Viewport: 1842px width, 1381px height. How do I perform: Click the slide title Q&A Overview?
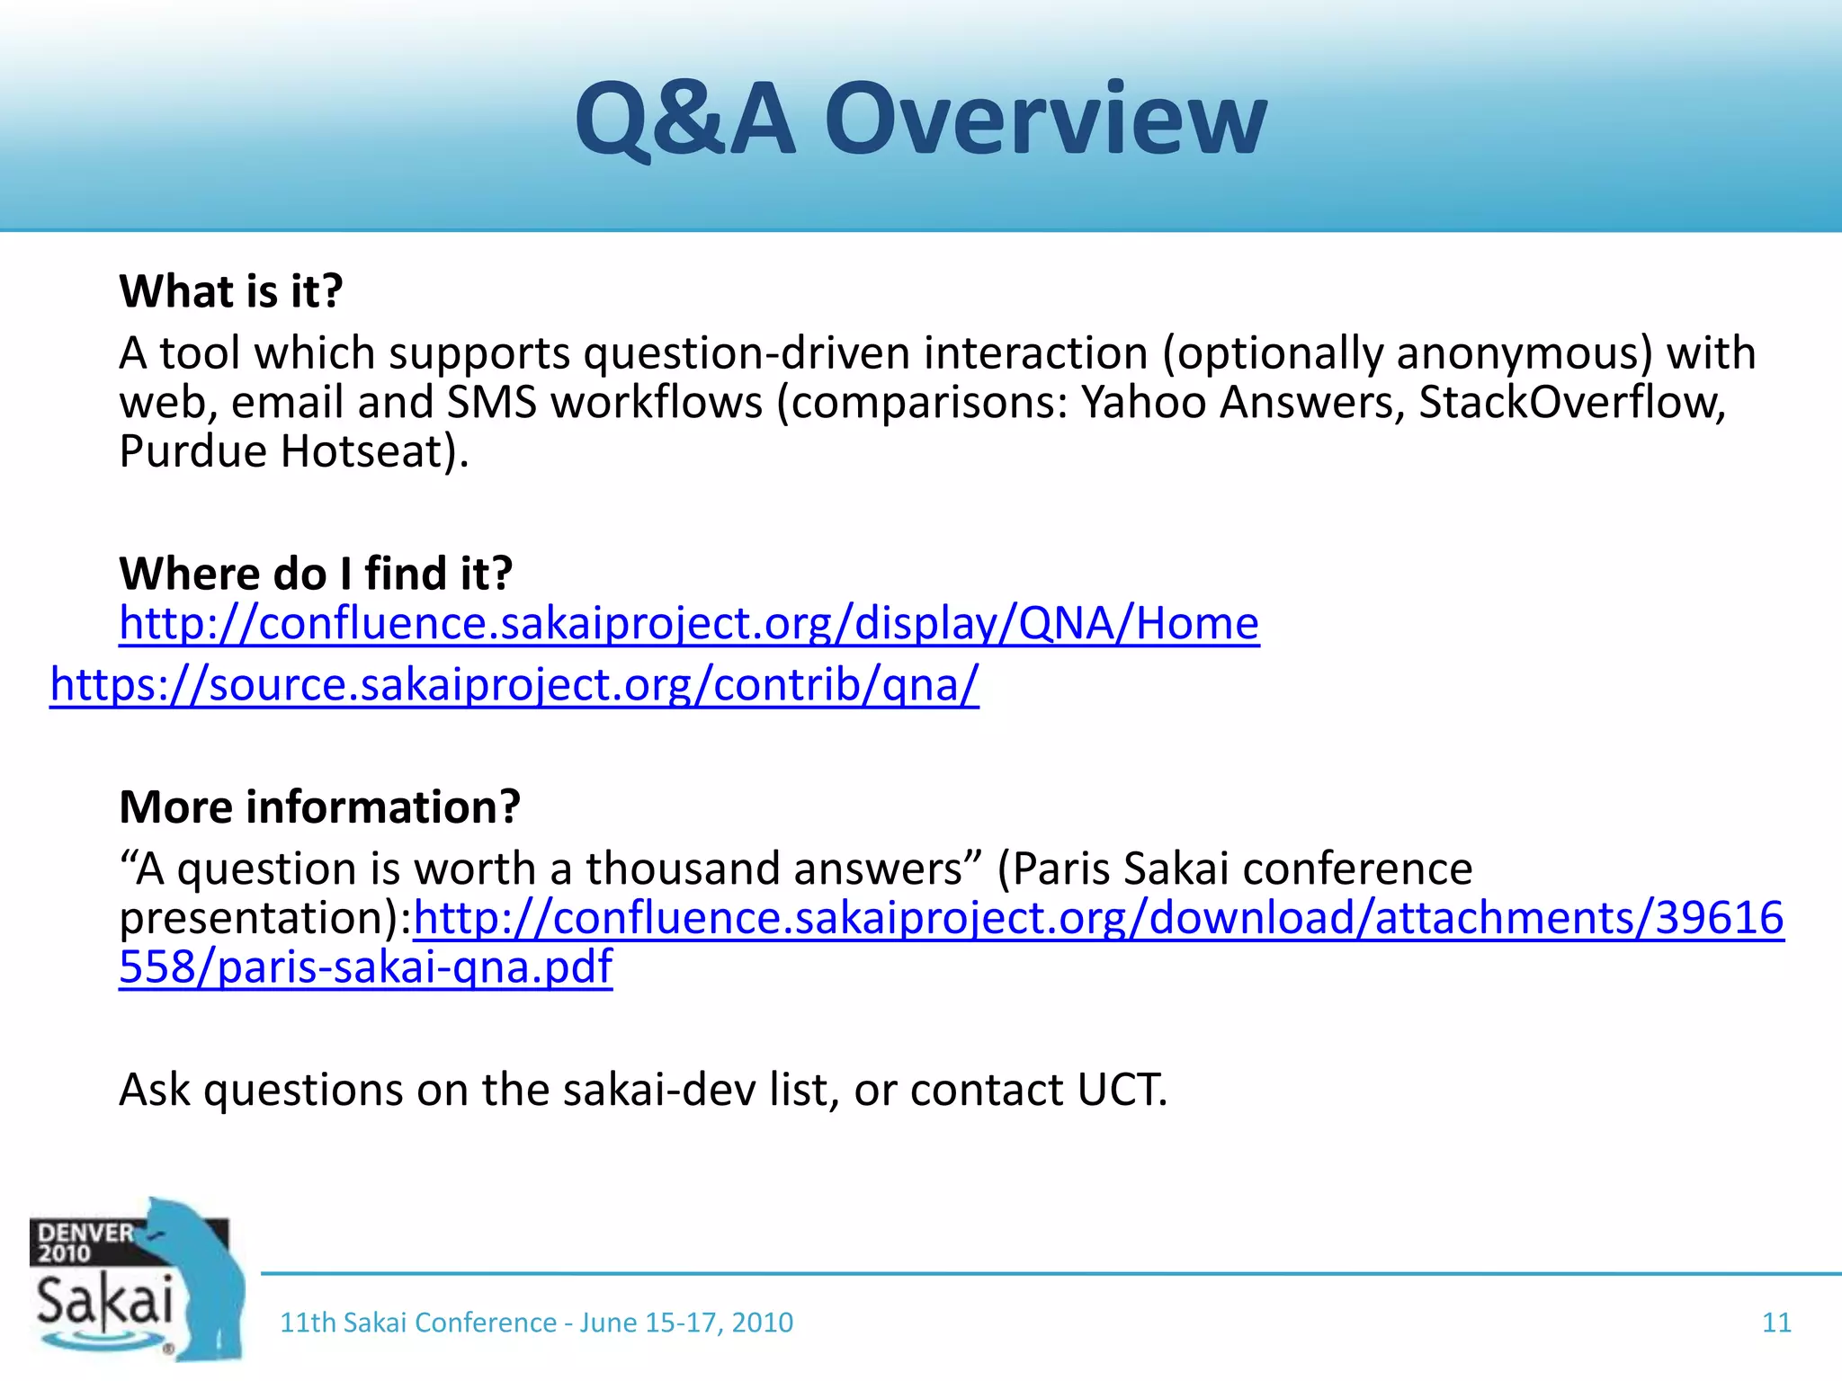tap(920, 120)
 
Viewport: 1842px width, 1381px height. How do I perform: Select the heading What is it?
tap(231, 291)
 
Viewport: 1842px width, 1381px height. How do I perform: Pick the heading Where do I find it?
tap(316, 573)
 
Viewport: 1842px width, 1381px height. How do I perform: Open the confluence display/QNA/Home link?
tap(689, 623)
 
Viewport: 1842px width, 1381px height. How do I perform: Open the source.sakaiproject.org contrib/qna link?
tap(514, 685)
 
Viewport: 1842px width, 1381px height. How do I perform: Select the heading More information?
tap(319, 806)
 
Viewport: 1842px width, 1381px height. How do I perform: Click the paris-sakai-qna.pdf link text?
tap(365, 967)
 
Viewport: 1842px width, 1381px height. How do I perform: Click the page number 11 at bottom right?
tap(1775, 1323)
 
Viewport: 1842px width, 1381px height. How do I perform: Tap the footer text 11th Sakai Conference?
tap(417, 1323)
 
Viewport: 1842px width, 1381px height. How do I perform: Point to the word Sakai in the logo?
tap(104, 1301)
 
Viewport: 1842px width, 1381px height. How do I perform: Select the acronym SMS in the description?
tap(492, 402)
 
